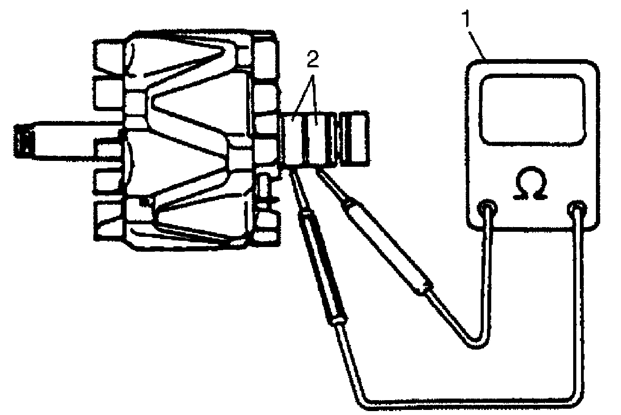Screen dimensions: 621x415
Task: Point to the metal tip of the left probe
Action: (x=295, y=184)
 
